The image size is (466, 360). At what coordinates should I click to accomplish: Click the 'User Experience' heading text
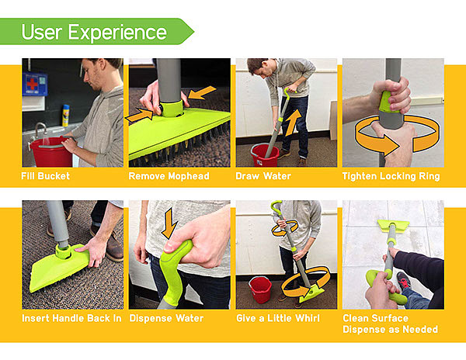click(x=94, y=32)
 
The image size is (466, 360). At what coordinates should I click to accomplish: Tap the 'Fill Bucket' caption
click(x=46, y=176)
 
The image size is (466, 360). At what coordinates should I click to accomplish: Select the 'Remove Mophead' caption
click(x=169, y=176)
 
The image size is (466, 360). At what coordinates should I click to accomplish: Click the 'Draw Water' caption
click(x=263, y=176)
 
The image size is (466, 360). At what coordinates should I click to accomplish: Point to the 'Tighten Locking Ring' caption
click(x=391, y=176)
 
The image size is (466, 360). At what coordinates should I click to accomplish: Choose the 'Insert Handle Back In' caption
click(x=71, y=318)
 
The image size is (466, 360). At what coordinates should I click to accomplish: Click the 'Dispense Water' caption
click(x=166, y=318)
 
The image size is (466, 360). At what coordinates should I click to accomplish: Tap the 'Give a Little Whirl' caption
click(x=278, y=318)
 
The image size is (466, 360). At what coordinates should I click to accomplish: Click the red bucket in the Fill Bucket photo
click(x=51, y=152)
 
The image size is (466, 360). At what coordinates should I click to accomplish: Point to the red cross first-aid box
click(x=35, y=85)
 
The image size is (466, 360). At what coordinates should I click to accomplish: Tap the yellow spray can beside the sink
click(x=66, y=116)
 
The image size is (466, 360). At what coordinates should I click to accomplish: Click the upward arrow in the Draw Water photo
click(x=293, y=123)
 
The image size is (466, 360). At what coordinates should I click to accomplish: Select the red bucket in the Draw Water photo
click(x=265, y=155)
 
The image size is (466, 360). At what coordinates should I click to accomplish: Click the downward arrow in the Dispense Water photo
click(x=169, y=223)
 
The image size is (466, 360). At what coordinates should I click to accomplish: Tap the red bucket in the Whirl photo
click(x=260, y=289)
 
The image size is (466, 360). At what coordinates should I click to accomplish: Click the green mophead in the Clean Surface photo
click(x=393, y=226)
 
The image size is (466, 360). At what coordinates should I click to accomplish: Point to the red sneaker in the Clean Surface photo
click(x=404, y=280)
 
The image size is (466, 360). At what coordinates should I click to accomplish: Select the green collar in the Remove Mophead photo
click(x=172, y=108)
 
